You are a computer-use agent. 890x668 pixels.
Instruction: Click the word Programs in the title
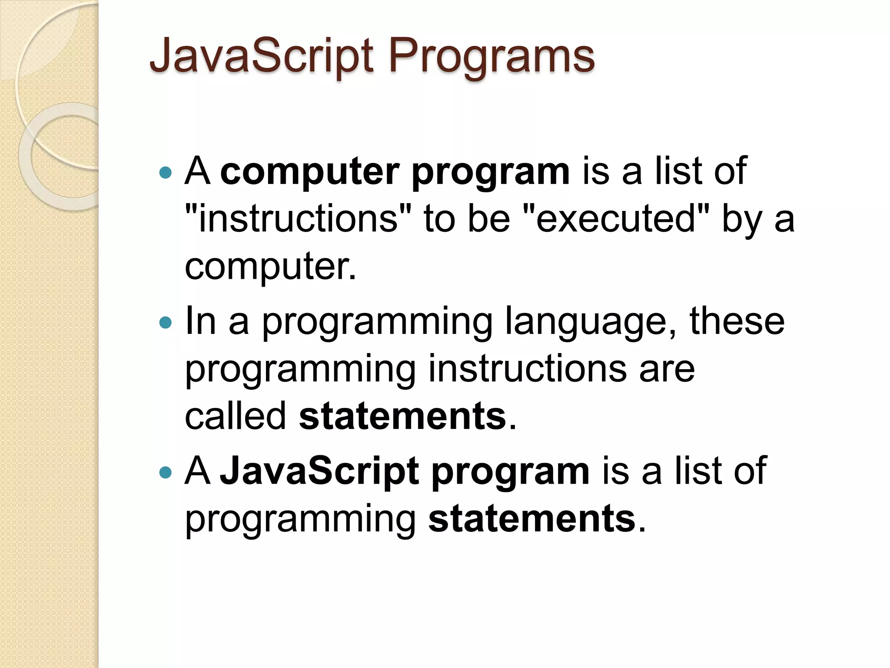click(x=491, y=57)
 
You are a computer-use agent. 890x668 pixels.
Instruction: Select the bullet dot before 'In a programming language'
click(x=166, y=323)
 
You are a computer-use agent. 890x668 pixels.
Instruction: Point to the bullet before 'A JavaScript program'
click(x=166, y=472)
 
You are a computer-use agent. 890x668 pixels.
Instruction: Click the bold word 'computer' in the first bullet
click(x=309, y=172)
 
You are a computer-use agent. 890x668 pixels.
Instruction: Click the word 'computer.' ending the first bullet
click(x=270, y=266)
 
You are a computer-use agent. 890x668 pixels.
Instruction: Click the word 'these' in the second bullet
click(x=737, y=322)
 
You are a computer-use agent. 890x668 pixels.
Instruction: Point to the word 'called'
click(x=235, y=416)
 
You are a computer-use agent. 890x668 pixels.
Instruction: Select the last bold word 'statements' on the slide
click(x=532, y=518)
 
